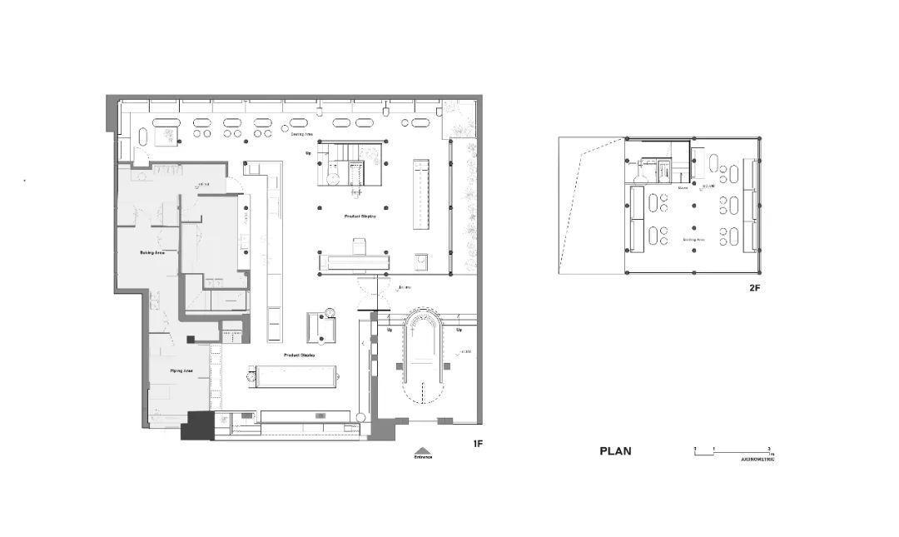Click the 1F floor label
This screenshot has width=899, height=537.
(x=478, y=444)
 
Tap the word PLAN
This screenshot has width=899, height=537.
(x=615, y=451)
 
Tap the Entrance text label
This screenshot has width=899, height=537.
(x=423, y=457)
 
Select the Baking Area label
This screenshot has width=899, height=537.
(x=151, y=251)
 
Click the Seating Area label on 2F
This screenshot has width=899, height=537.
(x=694, y=240)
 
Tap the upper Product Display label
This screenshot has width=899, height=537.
(x=360, y=216)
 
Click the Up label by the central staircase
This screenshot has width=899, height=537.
(x=308, y=153)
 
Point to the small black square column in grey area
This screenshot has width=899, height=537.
(x=190, y=339)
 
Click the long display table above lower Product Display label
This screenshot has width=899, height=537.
(x=295, y=376)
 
